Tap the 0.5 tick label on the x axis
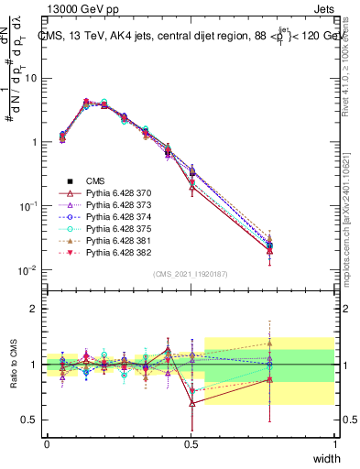tap(191, 444)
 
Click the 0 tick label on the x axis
tap(47, 444)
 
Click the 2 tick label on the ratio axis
tap(34, 309)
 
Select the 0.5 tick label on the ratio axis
tap(29, 420)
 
